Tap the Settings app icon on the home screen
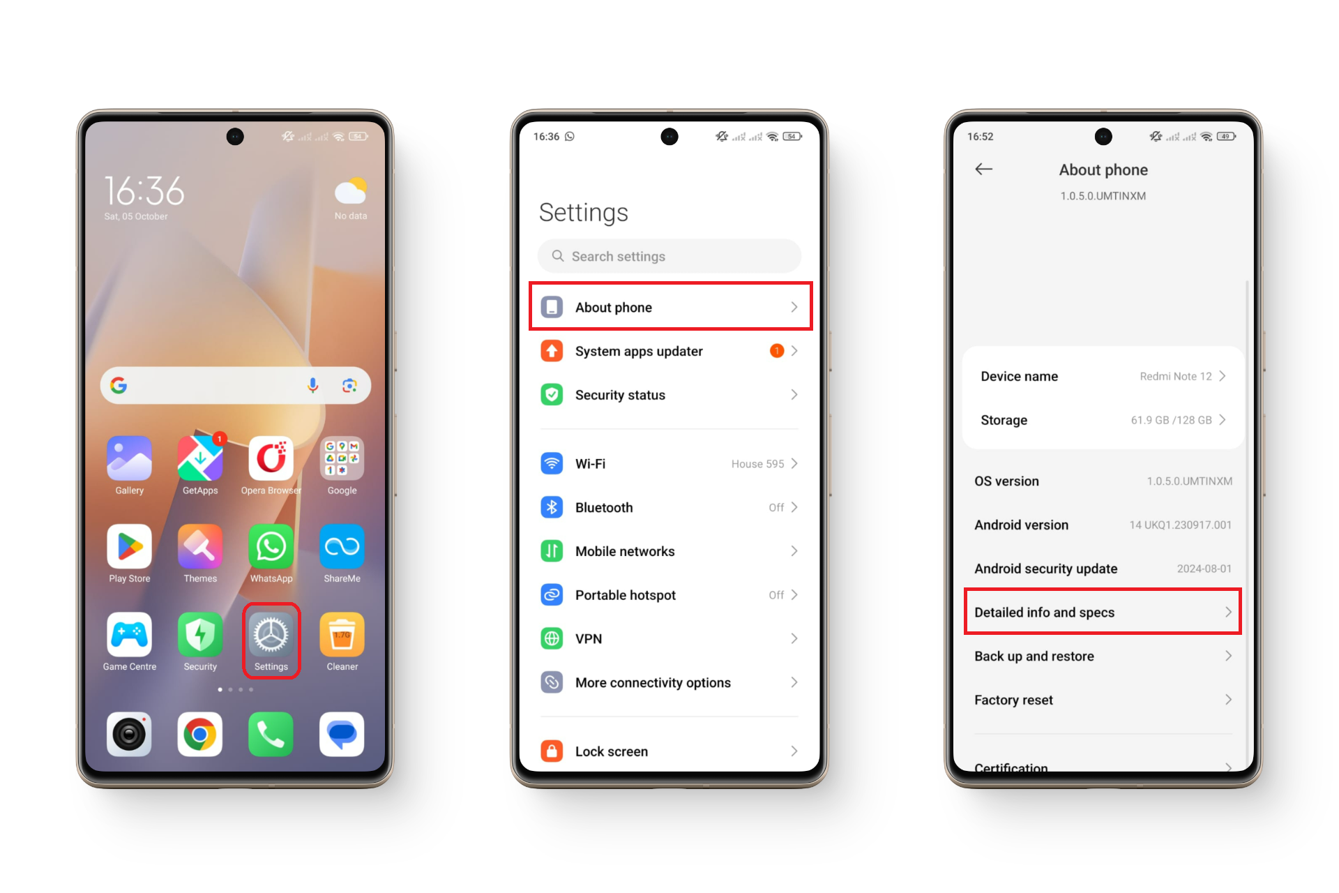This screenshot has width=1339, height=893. pyautogui.click(x=271, y=635)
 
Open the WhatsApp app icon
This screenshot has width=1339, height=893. pyautogui.click(x=271, y=547)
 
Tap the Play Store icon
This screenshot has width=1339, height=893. pyautogui.click(x=130, y=547)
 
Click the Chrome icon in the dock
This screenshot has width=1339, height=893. pyautogui.click(x=200, y=734)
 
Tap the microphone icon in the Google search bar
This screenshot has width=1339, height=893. pyautogui.click(x=313, y=385)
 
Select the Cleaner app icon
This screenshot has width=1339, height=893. pyautogui.click(x=342, y=635)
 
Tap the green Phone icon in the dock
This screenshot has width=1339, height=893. pyautogui.click(x=271, y=734)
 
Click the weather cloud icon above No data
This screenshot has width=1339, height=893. pyautogui.click(x=351, y=190)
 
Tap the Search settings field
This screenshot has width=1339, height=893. pyautogui.click(x=669, y=256)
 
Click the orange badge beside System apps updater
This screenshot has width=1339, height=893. pyautogui.click(x=776, y=351)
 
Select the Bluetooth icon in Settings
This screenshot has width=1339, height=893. pyautogui.click(x=552, y=507)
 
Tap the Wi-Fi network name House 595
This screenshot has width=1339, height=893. pyautogui.click(x=757, y=464)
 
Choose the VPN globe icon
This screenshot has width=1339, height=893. pyautogui.click(x=552, y=638)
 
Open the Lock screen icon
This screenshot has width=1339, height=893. pyautogui.click(x=552, y=751)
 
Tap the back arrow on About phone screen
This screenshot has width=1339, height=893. pyautogui.click(x=983, y=169)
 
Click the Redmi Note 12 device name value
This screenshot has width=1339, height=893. pyautogui.click(x=1176, y=377)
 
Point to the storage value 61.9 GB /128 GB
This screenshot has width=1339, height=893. pyautogui.click(x=1172, y=420)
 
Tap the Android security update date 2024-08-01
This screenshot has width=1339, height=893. pyautogui.click(x=1204, y=569)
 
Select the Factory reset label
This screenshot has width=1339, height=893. pyautogui.click(x=1013, y=700)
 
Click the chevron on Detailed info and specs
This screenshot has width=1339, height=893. pyautogui.click(x=1228, y=612)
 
